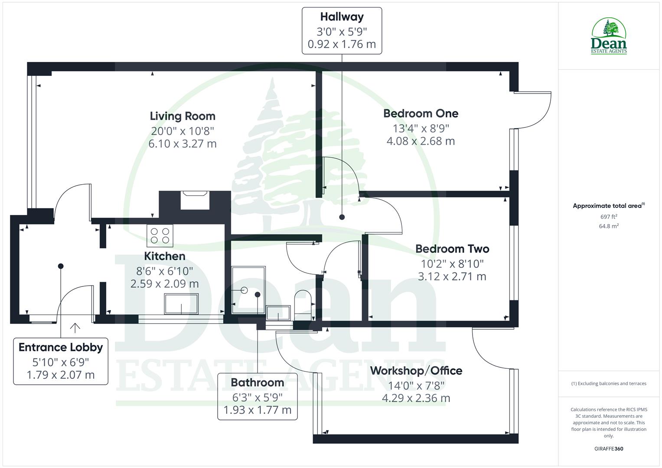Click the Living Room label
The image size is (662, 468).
(183, 116)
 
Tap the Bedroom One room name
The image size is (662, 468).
(421, 114)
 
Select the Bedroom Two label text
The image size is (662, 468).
(452, 249)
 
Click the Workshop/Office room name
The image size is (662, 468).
(416, 370)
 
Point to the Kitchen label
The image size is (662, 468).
(165, 256)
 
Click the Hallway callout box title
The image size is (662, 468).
(342, 17)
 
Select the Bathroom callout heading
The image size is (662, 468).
(257, 383)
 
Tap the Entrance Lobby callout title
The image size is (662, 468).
(61, 347)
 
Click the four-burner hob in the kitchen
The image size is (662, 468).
(160, 235)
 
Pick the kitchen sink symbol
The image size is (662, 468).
(181, 304)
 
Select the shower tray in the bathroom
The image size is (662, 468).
(248, 289)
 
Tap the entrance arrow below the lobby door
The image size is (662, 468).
(75, 328)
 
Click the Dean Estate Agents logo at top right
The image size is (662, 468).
(609, 36)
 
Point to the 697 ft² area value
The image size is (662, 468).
(609, 217)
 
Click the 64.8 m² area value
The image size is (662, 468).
(609, 226)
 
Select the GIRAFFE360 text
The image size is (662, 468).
(609, 448)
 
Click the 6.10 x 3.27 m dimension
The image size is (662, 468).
(183, 144)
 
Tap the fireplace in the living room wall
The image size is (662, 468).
(195, 201)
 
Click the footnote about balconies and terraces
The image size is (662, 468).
(609, 383)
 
